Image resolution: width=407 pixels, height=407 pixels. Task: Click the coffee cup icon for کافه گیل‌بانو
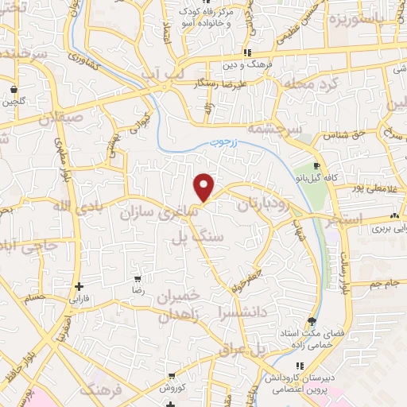pos(317,167)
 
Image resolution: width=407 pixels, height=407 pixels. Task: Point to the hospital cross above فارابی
pos(78,287)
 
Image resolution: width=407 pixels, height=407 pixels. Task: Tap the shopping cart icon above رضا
pos(138,279)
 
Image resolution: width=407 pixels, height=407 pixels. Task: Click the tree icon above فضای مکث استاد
pos(312,322)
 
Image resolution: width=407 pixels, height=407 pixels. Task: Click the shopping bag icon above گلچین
pos(14,88)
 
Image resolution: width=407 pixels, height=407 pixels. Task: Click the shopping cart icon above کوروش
pos(173,375)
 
